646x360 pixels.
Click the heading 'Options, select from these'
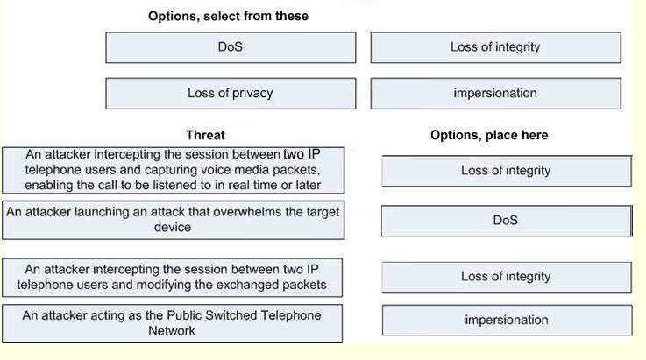pyautogui.click(x=228, y=16)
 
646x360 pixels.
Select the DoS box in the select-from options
pyautogui.click(x=231, y=47)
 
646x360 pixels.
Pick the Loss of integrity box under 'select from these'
pyautogui.click(x=495, y=47)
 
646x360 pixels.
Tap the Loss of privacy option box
pyautogui.click(x=231, y=94)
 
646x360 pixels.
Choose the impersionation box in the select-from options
pyautogui.click(x=495, y=94)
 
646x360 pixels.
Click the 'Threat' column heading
pyautogui.click(x=205, y=135)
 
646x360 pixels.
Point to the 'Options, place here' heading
pyautogui.click(x=489, y=135)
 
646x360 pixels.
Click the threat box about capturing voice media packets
pyautogui.click(x=173, y=170)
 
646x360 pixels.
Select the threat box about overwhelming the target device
pyautogui.click(x=173, y=220)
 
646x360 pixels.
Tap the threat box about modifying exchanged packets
pyautogui.click(x=172, y=277)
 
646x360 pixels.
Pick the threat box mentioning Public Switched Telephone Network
pyautogui.click(x=172, y=323)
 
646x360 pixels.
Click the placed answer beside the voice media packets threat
pyautogui.click(x=507, y=171)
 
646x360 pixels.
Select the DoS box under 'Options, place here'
pyautogui.click(x=507, y=221)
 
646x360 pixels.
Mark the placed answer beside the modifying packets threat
pyautogui.click(x=507, y=277)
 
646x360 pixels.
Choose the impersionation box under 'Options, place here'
pyautogui.click(x=507, y=320)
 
